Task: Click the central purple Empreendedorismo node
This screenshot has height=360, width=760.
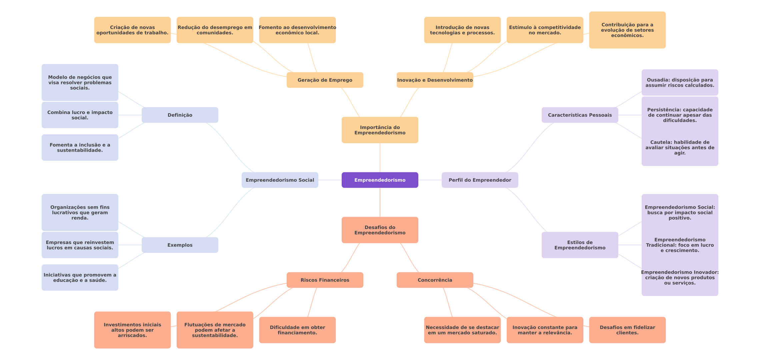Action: point(380,180)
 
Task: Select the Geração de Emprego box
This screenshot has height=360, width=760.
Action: point(325,80)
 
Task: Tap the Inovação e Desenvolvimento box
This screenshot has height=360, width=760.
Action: point(435,80)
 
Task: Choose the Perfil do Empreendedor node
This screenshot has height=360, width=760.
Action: point(480,180)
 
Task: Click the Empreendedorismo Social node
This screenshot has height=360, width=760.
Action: point(280,180)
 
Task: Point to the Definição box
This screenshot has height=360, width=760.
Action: point(180,115)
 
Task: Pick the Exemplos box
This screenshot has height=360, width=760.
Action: point(180,245)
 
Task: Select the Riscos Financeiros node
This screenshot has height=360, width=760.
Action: point(325,280)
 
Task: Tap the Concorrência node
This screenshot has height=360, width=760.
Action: point(435,280)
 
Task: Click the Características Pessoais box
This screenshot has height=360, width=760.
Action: point(580,115)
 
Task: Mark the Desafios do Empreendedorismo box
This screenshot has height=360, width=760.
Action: point(380,230)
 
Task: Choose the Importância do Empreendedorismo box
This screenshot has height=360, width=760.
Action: point(380,130)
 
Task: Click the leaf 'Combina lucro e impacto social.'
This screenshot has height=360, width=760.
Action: point(80,115)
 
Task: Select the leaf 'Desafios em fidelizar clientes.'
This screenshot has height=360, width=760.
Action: point(627,330)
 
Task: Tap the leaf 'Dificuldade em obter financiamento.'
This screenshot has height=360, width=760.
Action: point(297,330)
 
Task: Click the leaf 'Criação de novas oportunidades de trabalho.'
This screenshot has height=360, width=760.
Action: point(132,30)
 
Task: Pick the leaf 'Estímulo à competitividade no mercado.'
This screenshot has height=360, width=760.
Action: point(545,30)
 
